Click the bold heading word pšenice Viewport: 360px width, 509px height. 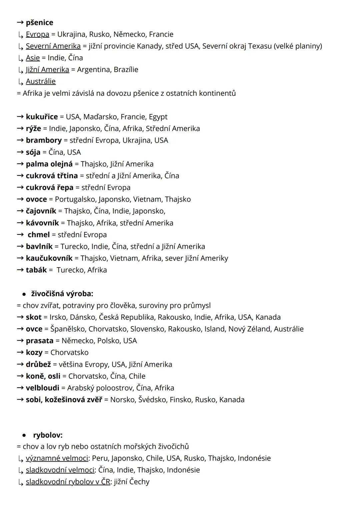[39, 23]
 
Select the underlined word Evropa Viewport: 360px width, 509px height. [37, 34]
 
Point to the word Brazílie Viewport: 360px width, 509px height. [126, 70]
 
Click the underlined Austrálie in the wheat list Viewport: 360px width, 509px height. [41, 81]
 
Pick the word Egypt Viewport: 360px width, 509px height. [158, 117]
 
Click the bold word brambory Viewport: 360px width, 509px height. [44, 140]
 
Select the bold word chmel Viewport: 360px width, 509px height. [39, 235]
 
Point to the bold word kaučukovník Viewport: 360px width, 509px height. [49, 258]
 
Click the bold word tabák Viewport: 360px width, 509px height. [36, 270]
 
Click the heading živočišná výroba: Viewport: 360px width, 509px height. [62, 294]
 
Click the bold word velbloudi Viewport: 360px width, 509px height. [42, 388]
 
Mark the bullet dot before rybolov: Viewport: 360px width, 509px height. [24, 435]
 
